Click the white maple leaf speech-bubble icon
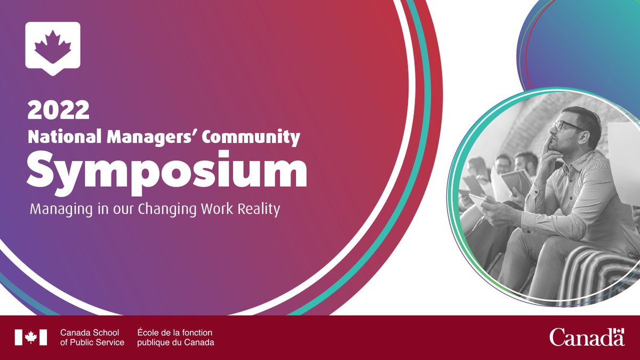click(53, 47)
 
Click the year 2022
click(59, 111)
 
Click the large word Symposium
click(167, 171)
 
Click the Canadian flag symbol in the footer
click(31, 337)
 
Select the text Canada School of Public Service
click(92, 337)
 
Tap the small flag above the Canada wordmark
click(619, 331)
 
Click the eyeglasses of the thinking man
click(565, 126)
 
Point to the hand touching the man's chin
click(550, 149)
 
